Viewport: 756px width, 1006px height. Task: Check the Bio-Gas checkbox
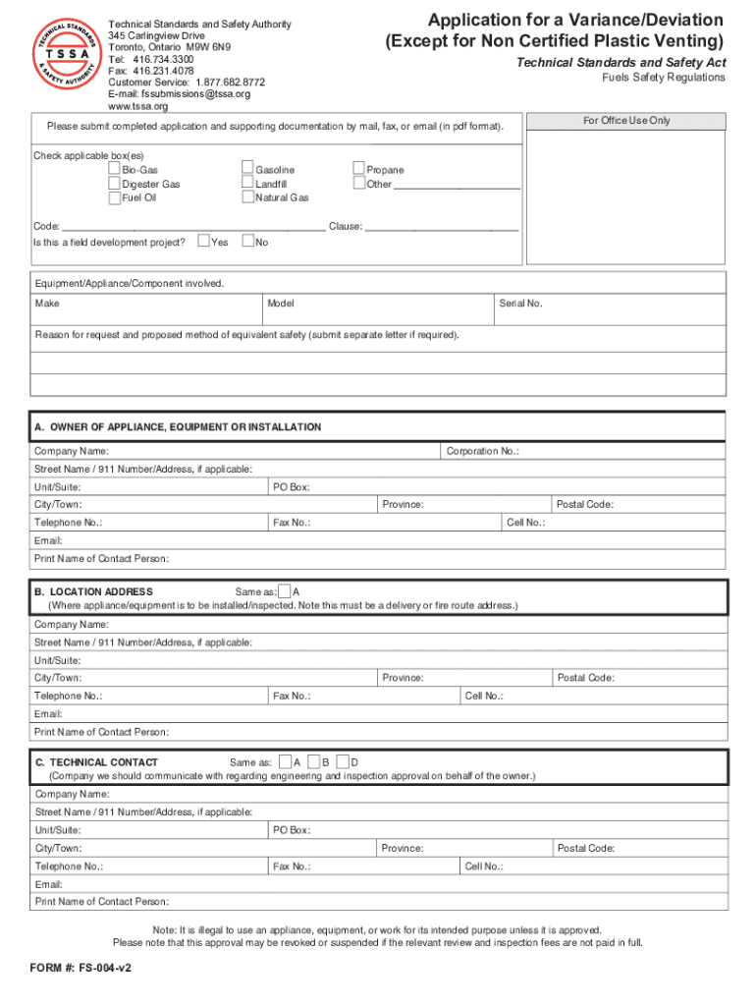115,170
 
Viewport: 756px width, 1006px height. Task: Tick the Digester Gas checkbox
115,184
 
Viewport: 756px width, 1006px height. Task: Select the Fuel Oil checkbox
115,197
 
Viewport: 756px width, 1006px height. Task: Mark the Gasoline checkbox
247,170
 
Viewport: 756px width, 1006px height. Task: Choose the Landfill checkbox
247,184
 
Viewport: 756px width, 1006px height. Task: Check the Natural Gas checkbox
247,197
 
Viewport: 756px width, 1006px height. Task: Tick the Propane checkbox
359,170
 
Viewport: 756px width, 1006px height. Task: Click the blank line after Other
457,185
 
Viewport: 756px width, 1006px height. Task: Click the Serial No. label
520,304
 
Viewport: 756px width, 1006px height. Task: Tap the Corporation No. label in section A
482,451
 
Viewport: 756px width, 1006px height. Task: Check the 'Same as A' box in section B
284,591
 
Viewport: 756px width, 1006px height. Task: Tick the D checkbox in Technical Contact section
342,761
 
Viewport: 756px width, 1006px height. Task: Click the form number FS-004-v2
81,967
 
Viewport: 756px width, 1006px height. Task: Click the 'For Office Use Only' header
626,121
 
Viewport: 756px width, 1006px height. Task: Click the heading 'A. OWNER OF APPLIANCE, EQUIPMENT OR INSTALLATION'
178,427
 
